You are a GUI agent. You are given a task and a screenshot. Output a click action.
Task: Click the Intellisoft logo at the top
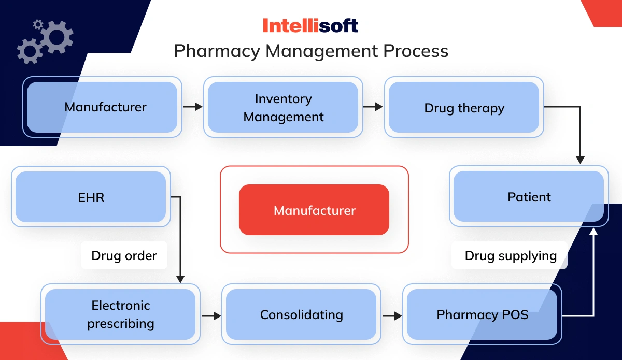(310, 25)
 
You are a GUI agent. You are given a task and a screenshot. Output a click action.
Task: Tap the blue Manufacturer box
(102, 107)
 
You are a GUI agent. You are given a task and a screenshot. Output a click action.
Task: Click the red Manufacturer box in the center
(314, 210)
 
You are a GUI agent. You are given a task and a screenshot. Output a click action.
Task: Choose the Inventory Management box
(283, 107)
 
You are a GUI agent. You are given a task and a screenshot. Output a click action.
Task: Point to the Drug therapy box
(464, 107)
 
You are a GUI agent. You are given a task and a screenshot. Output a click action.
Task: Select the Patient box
(529, 196)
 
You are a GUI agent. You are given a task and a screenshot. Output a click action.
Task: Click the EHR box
(91, 196)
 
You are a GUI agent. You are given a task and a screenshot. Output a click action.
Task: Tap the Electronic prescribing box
(120, 314)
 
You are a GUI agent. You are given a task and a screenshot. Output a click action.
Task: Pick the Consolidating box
(301, 314)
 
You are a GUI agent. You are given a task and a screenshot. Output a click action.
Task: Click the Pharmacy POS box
(482, 314)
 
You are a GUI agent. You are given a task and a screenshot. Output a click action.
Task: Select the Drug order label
(124, 255)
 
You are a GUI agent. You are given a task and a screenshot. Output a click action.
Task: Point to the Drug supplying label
(510, 255)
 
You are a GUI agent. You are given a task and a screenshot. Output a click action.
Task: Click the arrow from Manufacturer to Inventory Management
(192, 107)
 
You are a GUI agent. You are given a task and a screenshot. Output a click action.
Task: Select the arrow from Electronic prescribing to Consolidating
(211, 315)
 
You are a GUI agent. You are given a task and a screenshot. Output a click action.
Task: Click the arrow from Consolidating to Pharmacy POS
(392, 315)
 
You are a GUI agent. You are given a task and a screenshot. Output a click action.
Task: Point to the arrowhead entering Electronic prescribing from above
(180, 278)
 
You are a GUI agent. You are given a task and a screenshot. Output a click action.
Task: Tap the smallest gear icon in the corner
(37, 24)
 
